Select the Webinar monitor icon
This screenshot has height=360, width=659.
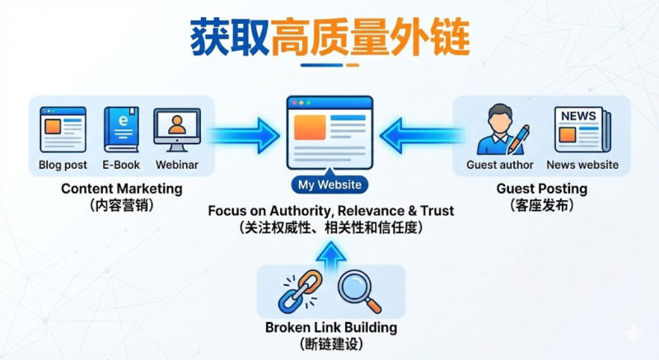pyautogui.click(x=176, y=129)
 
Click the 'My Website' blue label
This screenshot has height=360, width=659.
pyautogui.click(x=329, y=185)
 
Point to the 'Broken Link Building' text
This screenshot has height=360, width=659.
pyautogui.click(x=331, y=328)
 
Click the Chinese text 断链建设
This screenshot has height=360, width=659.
pyautogui.click(x=331, y=345)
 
